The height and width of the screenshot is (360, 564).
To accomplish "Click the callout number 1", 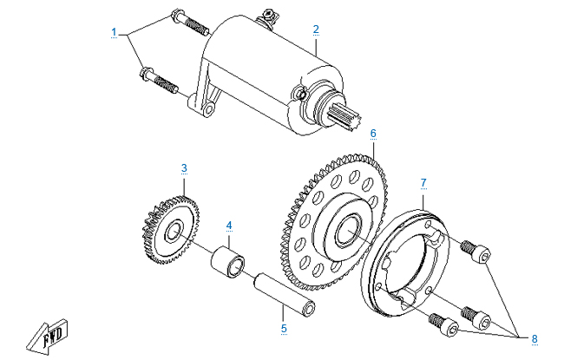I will [x=114, y=32].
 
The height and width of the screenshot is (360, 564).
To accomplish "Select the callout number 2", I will [x=316, y=29].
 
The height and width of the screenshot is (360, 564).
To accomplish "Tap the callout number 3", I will [x=184, y=167].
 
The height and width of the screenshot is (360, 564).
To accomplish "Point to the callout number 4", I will [x=229, y=226].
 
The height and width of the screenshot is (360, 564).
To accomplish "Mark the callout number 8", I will [x=534, y=337].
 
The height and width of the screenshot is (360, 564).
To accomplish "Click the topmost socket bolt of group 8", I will [x=475, y=252].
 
